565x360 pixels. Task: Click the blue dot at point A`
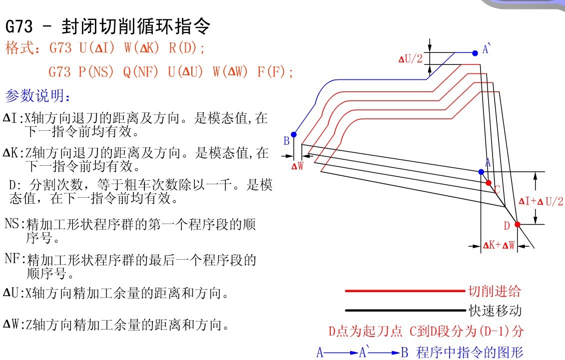(x=475, y=53)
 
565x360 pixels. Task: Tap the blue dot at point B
(x=294, y=135)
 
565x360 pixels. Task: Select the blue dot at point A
(x=481, y=172)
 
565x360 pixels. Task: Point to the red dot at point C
(x=489, y=183)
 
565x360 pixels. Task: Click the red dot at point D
(x=518, y=224)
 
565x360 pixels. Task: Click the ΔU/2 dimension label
(x=411, y=59)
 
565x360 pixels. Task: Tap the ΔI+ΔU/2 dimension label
(x=541, y=201)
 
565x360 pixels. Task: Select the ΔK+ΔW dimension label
(x=499, y=246)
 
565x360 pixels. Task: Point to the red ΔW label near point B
(x=298, y=166)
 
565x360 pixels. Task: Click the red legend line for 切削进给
(x=405, y=291)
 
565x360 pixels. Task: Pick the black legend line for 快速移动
(x=405, y=310)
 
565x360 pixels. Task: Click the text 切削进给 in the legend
(x=495, y=291)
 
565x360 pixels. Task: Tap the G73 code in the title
(x=19, y=26)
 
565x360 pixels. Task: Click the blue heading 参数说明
(x=37, y=95)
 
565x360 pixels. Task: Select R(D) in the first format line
(x=186, y=47)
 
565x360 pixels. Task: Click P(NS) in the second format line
(x=96, y=71)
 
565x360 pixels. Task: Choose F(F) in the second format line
(x=275, y=71)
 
